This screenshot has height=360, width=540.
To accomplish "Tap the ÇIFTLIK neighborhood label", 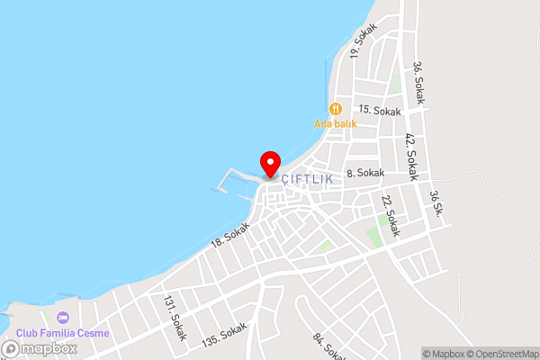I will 307,179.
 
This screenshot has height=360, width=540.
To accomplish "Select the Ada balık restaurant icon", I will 336,108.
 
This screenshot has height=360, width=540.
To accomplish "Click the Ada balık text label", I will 335,123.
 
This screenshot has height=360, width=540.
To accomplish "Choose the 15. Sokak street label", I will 379,111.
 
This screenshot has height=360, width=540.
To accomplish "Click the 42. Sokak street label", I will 410,157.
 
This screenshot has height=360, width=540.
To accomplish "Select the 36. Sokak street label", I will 418,82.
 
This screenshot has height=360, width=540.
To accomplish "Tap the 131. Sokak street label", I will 175,318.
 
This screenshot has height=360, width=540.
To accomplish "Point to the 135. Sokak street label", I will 224,334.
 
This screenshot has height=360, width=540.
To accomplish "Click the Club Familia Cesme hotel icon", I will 62,318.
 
